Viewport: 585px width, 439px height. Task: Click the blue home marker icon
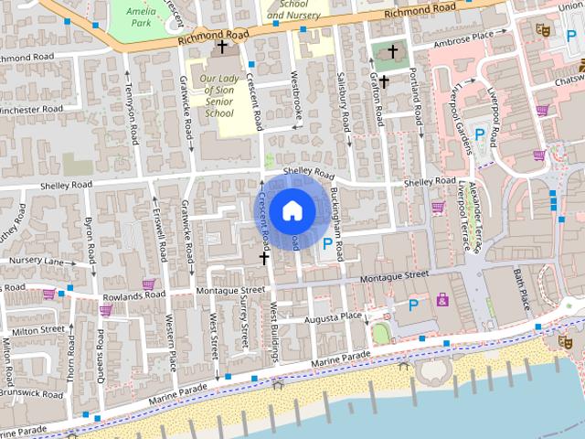292,210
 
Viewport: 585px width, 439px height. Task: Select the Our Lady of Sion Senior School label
217,95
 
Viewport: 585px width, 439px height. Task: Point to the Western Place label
171,336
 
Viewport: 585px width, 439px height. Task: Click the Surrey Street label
244,319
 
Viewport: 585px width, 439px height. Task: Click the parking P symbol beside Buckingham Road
327,242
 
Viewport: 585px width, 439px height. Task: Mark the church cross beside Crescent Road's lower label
264,259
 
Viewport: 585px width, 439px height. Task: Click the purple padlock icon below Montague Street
443,298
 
